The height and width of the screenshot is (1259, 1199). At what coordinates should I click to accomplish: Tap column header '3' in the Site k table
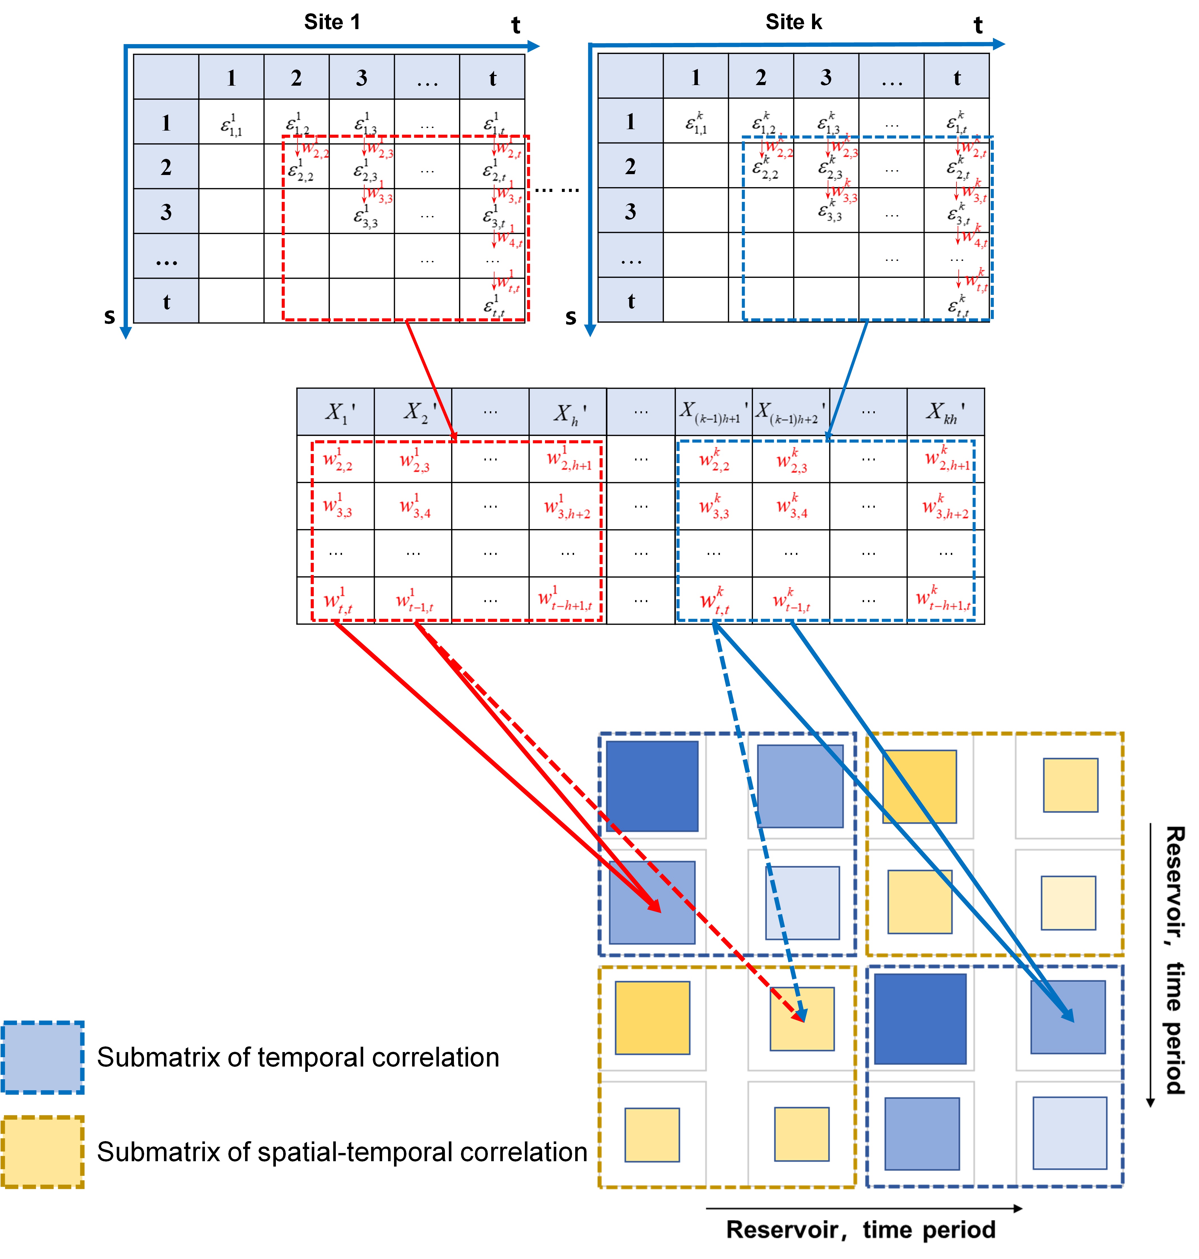[x=826, y=77]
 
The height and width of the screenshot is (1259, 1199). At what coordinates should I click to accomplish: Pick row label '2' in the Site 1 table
[x=166, y=167]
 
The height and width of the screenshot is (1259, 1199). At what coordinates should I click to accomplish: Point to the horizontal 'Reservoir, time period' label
[x=860, y=1230]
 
